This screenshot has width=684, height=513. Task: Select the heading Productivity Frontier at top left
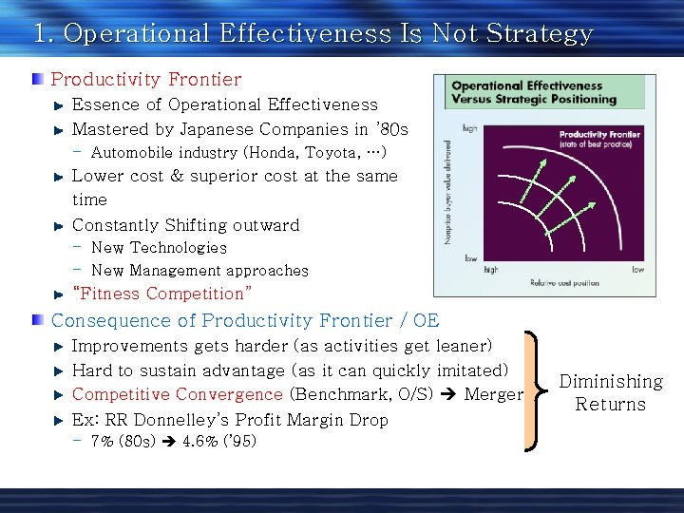point(146,80)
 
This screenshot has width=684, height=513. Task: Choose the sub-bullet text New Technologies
point(159,248)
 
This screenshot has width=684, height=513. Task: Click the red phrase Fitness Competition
point(162,294)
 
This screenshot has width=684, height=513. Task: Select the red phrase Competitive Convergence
point(178,394)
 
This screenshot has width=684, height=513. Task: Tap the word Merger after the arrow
point(493,394)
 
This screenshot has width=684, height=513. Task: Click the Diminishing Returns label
point(611,392)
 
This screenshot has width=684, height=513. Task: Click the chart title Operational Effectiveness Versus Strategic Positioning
point(533,92)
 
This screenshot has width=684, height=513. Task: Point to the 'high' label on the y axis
point(469,127)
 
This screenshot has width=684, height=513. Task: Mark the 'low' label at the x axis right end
point(637,270)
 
